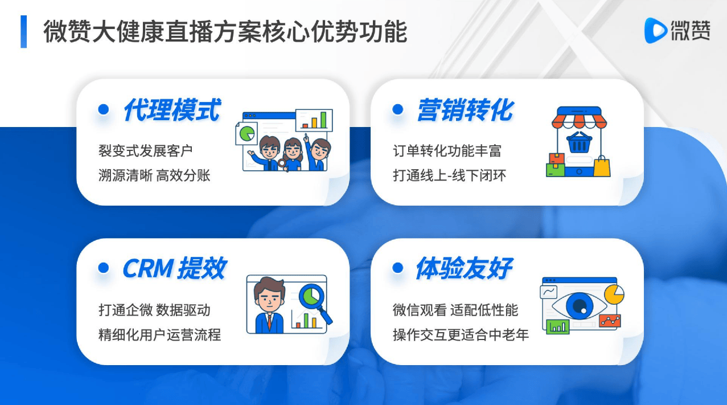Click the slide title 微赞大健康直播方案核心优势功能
pos(225,31)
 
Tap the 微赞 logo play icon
pos(655,31)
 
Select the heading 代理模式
pos(172,110)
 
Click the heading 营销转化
pos(466,110)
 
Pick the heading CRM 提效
pos(174,268)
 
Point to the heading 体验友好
pos(465,268)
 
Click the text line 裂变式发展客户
pos(145,151)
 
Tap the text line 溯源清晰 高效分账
pos(154,175)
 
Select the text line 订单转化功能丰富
pos(447,151)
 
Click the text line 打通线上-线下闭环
pos(450,175)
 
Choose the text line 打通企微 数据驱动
pos(154,310)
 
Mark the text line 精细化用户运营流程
pos(159,334)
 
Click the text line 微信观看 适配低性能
pos(455,310)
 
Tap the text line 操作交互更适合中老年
pos(461,334)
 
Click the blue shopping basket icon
pos(580,142)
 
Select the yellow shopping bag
pos(602,166)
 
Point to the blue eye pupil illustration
pos(580,306)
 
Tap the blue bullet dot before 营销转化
pos(397,109)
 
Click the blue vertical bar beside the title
pos(23,31)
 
